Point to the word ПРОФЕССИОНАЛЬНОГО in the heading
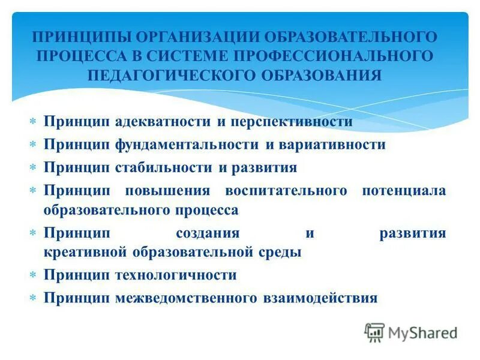pyautogui.click(x=332, y=56)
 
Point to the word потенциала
pyautogui.click(x=404, y=191)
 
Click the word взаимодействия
pyautogui.click(x=319, y=298)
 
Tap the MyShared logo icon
pyautogui.click(x=374, y=332)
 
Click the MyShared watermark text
pyautogui.click(x=423, y=332)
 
